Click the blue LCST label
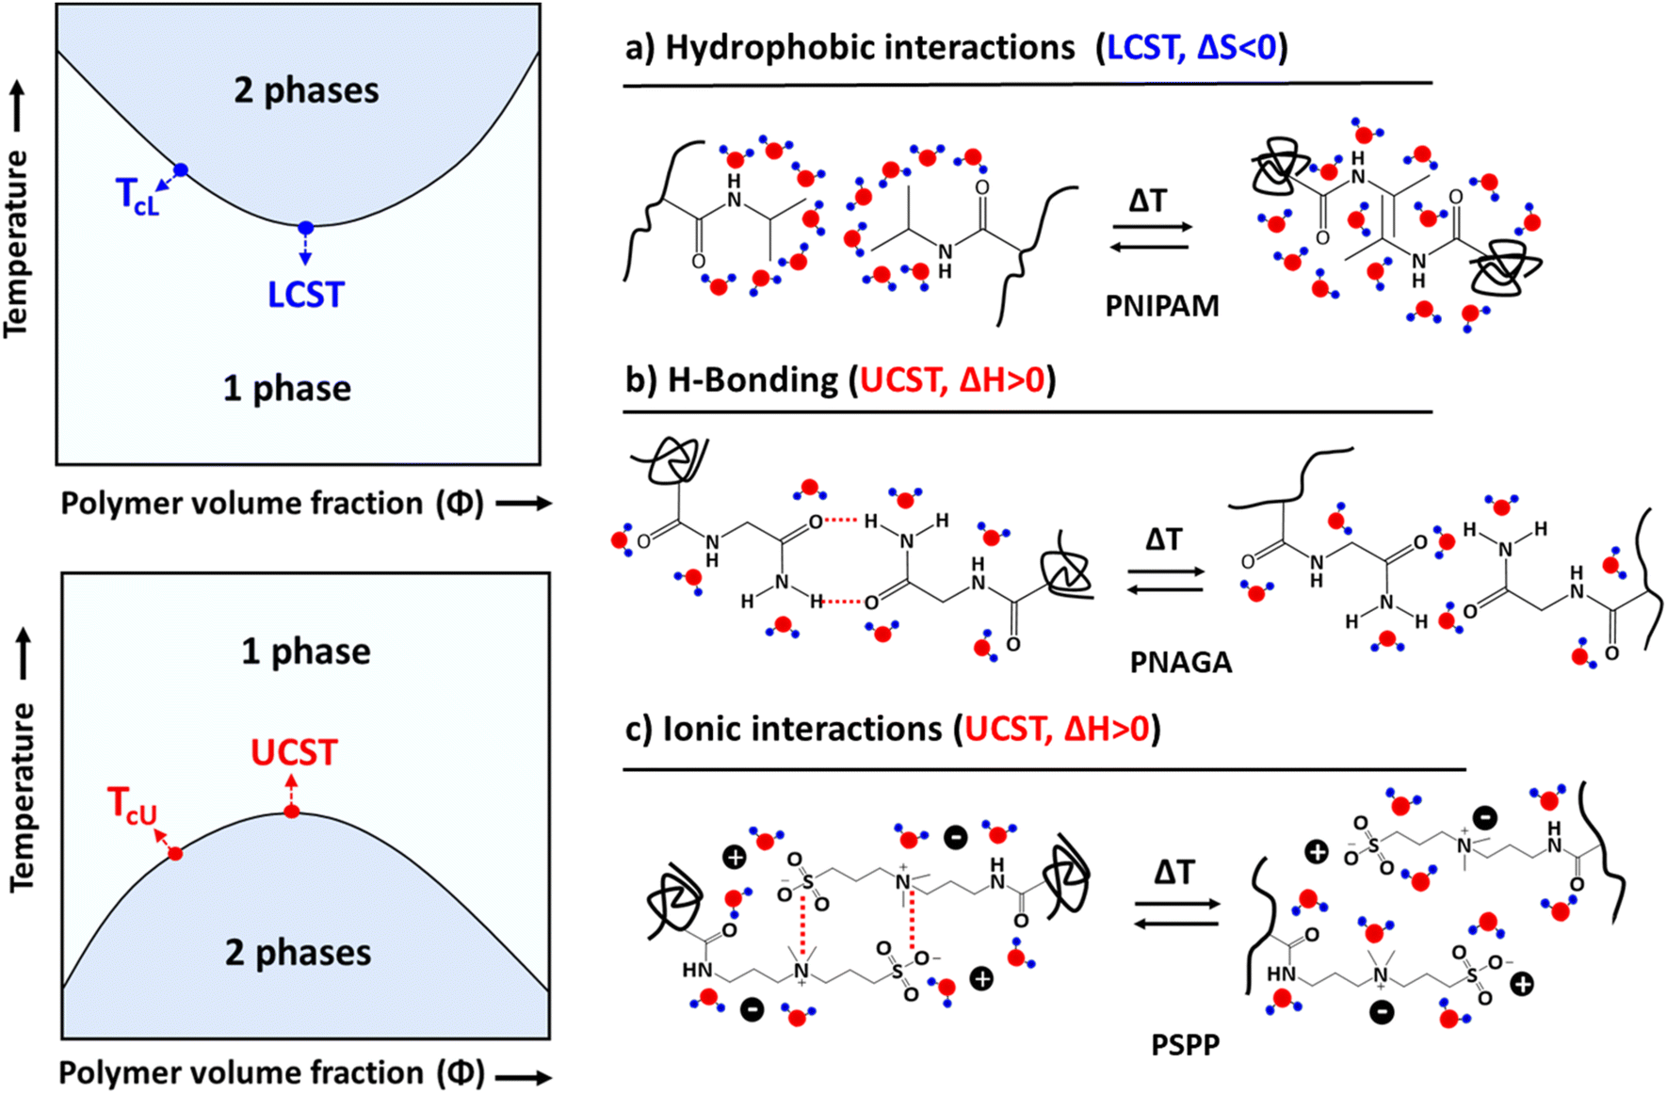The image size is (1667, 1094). pyautogui.click(x=305, y=295)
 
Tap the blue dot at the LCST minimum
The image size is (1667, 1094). pyautogui.click(x=305, y=228)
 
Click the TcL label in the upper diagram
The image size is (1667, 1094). pyautogui.click(x=138, y=196)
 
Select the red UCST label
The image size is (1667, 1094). pyautogui.click(x=294, y=753)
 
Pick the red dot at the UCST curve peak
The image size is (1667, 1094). pyautogui.click(x=292, y=812)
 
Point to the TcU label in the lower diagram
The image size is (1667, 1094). pyautogui.click(x=132, y=806)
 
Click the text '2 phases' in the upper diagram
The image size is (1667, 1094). pyautogui.click(x=306, y=90)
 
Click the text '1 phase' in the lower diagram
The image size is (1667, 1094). pyautogui.click(x=306, y=652)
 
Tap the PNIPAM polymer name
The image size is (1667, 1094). pyautogui.click(x=1162, y=306)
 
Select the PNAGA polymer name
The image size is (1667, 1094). pyautogui.click(x=1181, y=663)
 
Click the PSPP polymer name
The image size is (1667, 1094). pyautogui.click(x=1185, y=1045)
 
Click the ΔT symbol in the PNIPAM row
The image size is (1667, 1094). pyautogui.click(x=1147, y=201)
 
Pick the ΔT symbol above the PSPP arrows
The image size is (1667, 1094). pyautogui.click(x=1174, y=872)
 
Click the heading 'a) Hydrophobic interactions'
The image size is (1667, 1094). pyautogui.click(x=851, y=48)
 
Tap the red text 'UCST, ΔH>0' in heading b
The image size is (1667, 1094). pyautogui.click(x=952, y=380)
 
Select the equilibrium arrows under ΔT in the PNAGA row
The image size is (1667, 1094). pyautogui.click(x=1165, y=580)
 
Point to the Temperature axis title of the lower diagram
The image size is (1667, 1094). pyautogui.click(x=22, y=796)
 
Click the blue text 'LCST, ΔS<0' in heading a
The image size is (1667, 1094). pyautogui.click(x=1191, y=48)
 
